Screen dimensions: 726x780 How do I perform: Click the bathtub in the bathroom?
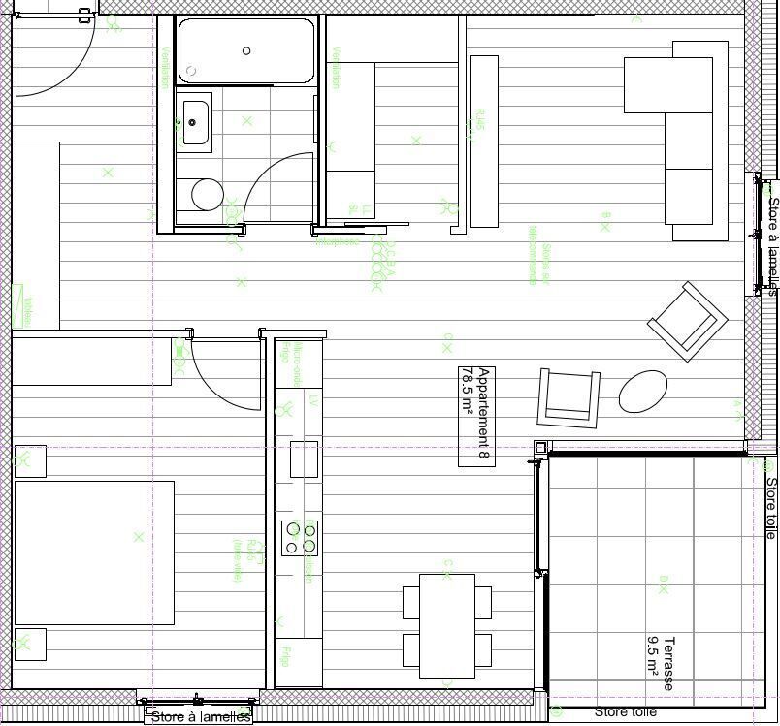pos(246,50)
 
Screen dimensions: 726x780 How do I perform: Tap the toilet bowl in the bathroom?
pos(207,195)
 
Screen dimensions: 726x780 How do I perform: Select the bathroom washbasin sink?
pos(194,121)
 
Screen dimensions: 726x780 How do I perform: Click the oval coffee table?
pos(643,391)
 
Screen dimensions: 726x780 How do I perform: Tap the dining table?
pos(447,625)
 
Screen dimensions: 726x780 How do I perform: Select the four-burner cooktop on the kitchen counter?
pos(300,538)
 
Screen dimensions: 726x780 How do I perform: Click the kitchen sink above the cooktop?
pos(304,459)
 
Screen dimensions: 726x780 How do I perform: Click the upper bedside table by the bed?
pos(31,461)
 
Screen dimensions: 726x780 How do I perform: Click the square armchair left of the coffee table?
pos(569,397)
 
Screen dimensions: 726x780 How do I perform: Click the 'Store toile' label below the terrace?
pos(625,712)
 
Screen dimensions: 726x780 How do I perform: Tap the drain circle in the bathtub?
pos(246,51)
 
